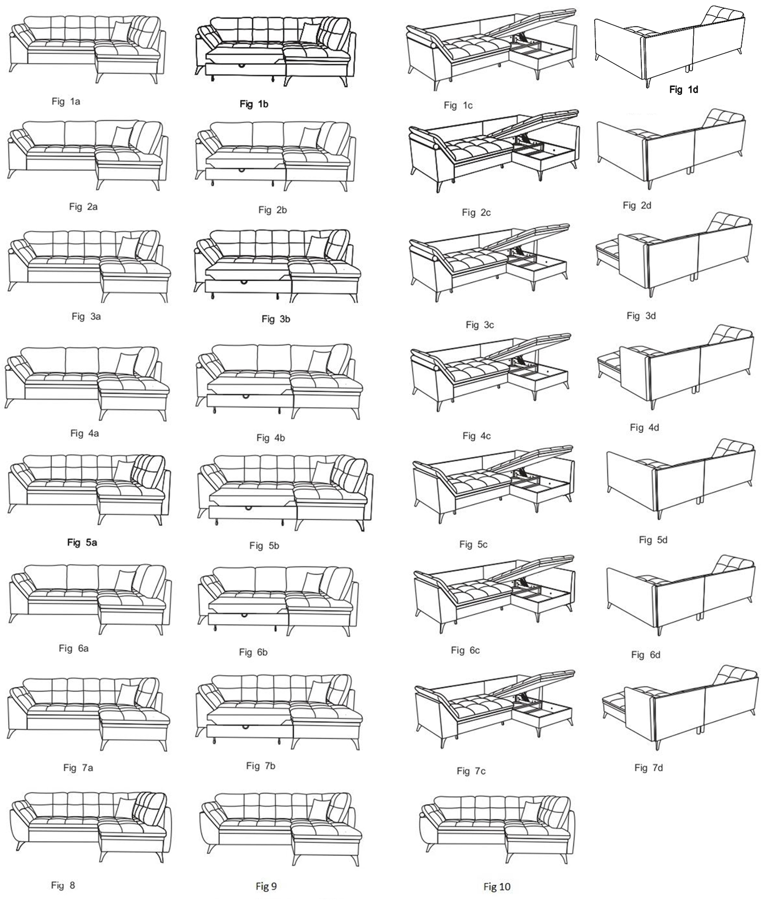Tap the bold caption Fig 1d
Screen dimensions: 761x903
click(683, 90)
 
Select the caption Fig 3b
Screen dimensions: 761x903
click(276, 319)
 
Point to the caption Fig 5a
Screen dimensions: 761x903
click(82, 543)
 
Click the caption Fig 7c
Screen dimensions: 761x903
click(471, 771)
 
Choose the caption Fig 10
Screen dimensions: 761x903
click(497, 887)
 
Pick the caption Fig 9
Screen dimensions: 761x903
click(266, 887)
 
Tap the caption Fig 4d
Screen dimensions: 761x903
click(645, 428)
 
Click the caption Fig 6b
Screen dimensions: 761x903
click(253, 652)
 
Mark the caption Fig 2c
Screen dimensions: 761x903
click(476, 212)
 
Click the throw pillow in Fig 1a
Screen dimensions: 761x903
click(121, 31)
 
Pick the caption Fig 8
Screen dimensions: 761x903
click(63, 885)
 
